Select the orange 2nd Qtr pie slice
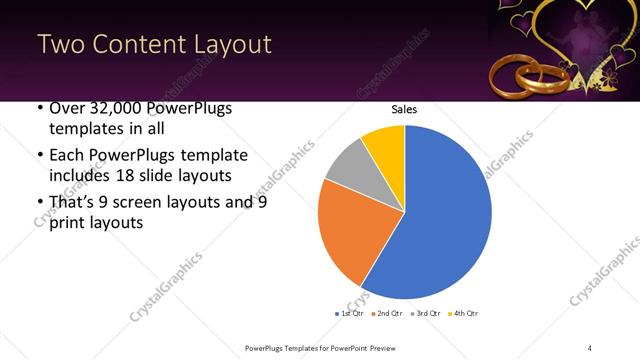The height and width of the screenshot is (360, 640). point(350,235)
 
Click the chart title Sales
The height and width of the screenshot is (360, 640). point(404,110)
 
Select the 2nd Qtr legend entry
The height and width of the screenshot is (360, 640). point(387,313)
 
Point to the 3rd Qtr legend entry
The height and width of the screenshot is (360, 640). point(424,313)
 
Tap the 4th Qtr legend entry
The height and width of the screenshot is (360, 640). point(461,313)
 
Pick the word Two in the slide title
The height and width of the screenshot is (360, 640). point(61,45)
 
